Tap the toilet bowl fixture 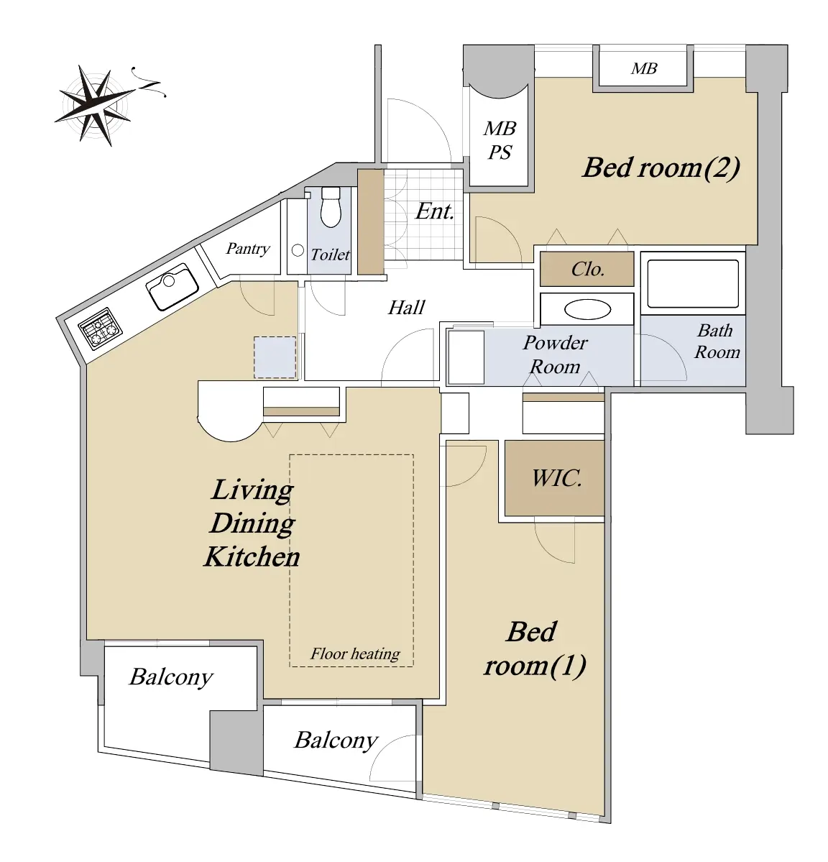point(331,207)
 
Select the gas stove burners point(100,329)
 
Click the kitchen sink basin point(172,286)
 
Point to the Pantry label point(248,249)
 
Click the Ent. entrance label point(435,211)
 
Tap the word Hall point(407,307)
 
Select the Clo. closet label point(587,269)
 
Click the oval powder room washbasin point(587,310)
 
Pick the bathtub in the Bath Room point(693,284)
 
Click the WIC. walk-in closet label point(556,478)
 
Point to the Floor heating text point(355,654)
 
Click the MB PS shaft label point(500,139)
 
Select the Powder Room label point(554,354)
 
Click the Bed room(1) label point(535,648)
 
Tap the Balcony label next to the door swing point(336,741)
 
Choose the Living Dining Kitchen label point(252,523)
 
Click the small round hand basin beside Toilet point(298,251)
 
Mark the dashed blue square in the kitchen point(275,357)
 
